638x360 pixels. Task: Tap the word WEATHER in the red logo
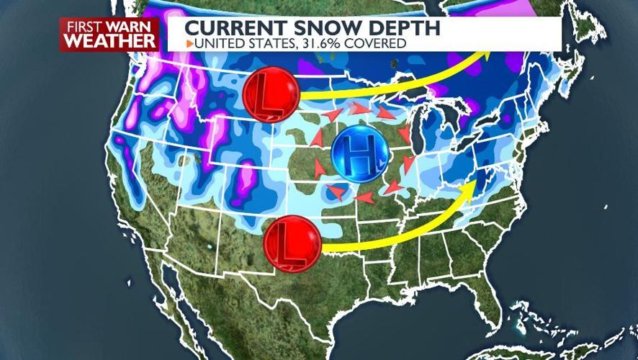tap(109, 42)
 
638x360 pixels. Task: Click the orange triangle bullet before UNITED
tap(189, 44)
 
